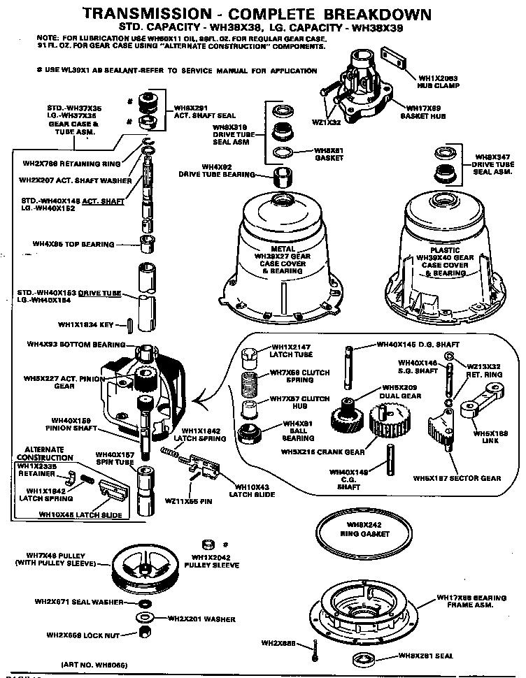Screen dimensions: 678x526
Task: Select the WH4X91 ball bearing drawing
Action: coord(250,432)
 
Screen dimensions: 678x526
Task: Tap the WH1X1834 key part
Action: coord(131,324)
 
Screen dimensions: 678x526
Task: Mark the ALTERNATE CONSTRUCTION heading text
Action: coord(45,452)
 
